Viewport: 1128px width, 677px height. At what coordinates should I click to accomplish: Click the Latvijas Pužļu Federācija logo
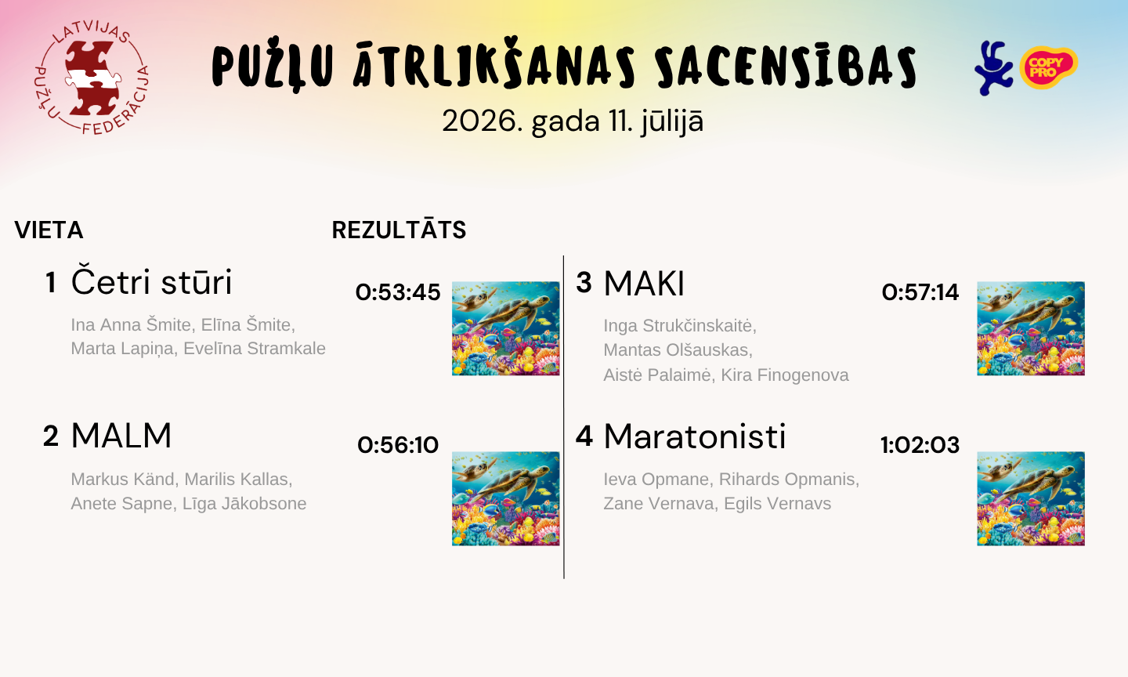[x=92, y=78]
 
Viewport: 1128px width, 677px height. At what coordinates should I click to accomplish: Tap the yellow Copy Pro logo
[x=1049, y=67]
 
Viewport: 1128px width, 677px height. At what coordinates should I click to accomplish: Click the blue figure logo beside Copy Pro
[x=993, y=68]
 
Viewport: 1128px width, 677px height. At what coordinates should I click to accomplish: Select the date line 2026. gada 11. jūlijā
[x=573, y=121]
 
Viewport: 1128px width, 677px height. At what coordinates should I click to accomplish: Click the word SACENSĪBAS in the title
[x=786, y=67]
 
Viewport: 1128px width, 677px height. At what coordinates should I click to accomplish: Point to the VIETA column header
[x=49, y=230]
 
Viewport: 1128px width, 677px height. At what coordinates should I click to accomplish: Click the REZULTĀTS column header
[x=399, y=230]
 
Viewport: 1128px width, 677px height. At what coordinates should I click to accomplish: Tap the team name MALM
[x=121, y=435]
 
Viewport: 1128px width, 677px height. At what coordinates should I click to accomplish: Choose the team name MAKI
[x=644, y=284]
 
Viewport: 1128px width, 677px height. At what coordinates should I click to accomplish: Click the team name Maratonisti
[x=694, y=436]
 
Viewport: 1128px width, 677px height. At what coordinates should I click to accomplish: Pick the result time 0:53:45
[x=398, y=292]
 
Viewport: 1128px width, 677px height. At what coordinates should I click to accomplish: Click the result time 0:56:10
[x=398, y=445]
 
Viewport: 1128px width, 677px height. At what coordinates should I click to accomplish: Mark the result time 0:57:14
[x=920, y=292]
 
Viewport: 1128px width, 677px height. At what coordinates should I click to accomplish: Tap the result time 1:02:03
[x=920, y=445]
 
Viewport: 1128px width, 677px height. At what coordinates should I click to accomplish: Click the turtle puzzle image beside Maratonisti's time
[x=1031, y=498]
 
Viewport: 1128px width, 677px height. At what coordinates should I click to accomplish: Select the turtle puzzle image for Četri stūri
[x=505, y=328]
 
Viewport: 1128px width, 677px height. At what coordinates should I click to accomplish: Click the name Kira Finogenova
[x=785, y=375]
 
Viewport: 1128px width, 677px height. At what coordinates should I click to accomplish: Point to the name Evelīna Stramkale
[x=255, y=348]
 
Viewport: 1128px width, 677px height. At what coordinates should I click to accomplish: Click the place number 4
[x=584, y=436]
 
